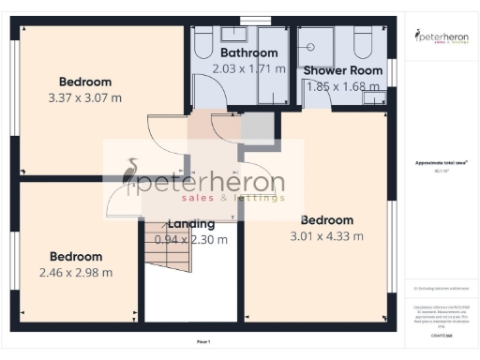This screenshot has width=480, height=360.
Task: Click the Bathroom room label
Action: [x=248, y=52]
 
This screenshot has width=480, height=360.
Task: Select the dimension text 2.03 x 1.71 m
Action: [x=248, y=68]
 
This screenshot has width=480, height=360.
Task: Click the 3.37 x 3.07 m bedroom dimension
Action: [x=84, y=97]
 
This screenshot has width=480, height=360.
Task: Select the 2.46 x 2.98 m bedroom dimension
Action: [x=76, y=273]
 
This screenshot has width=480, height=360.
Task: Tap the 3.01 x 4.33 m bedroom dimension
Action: [x=326, y=235]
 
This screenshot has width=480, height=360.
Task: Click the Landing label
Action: [x=191, y=224]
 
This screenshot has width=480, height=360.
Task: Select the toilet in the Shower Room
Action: [x=365, y=42]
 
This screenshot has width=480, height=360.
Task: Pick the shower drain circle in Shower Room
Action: [x=327, y=43]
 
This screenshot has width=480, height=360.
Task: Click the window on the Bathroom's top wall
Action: [x=253, y=20]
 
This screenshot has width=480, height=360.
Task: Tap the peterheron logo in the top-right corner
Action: [x=441, y=37]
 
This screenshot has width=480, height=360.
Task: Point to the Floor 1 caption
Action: [x=203, y=341]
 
